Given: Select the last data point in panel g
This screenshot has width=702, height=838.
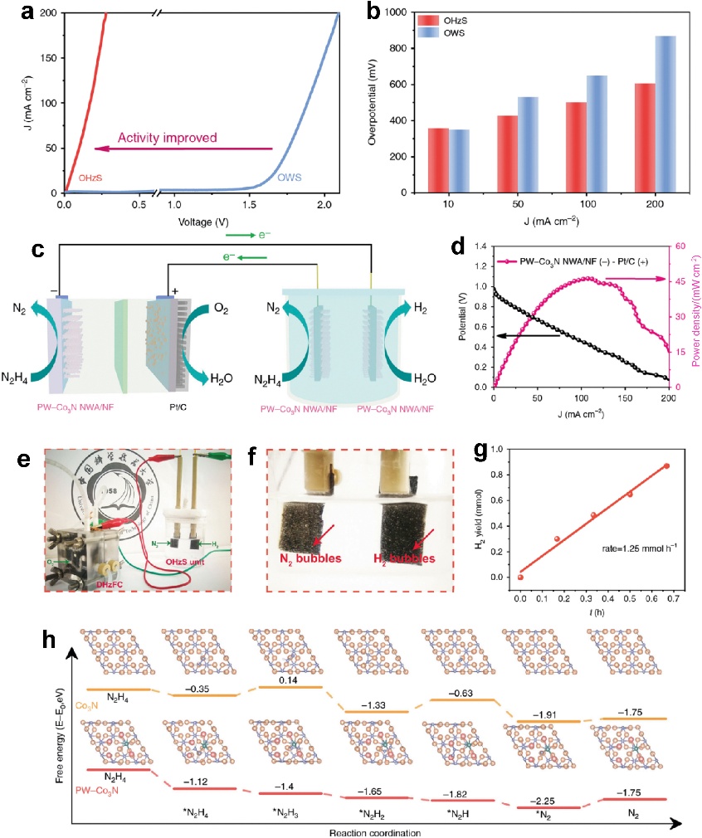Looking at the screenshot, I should coord(666,466).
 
